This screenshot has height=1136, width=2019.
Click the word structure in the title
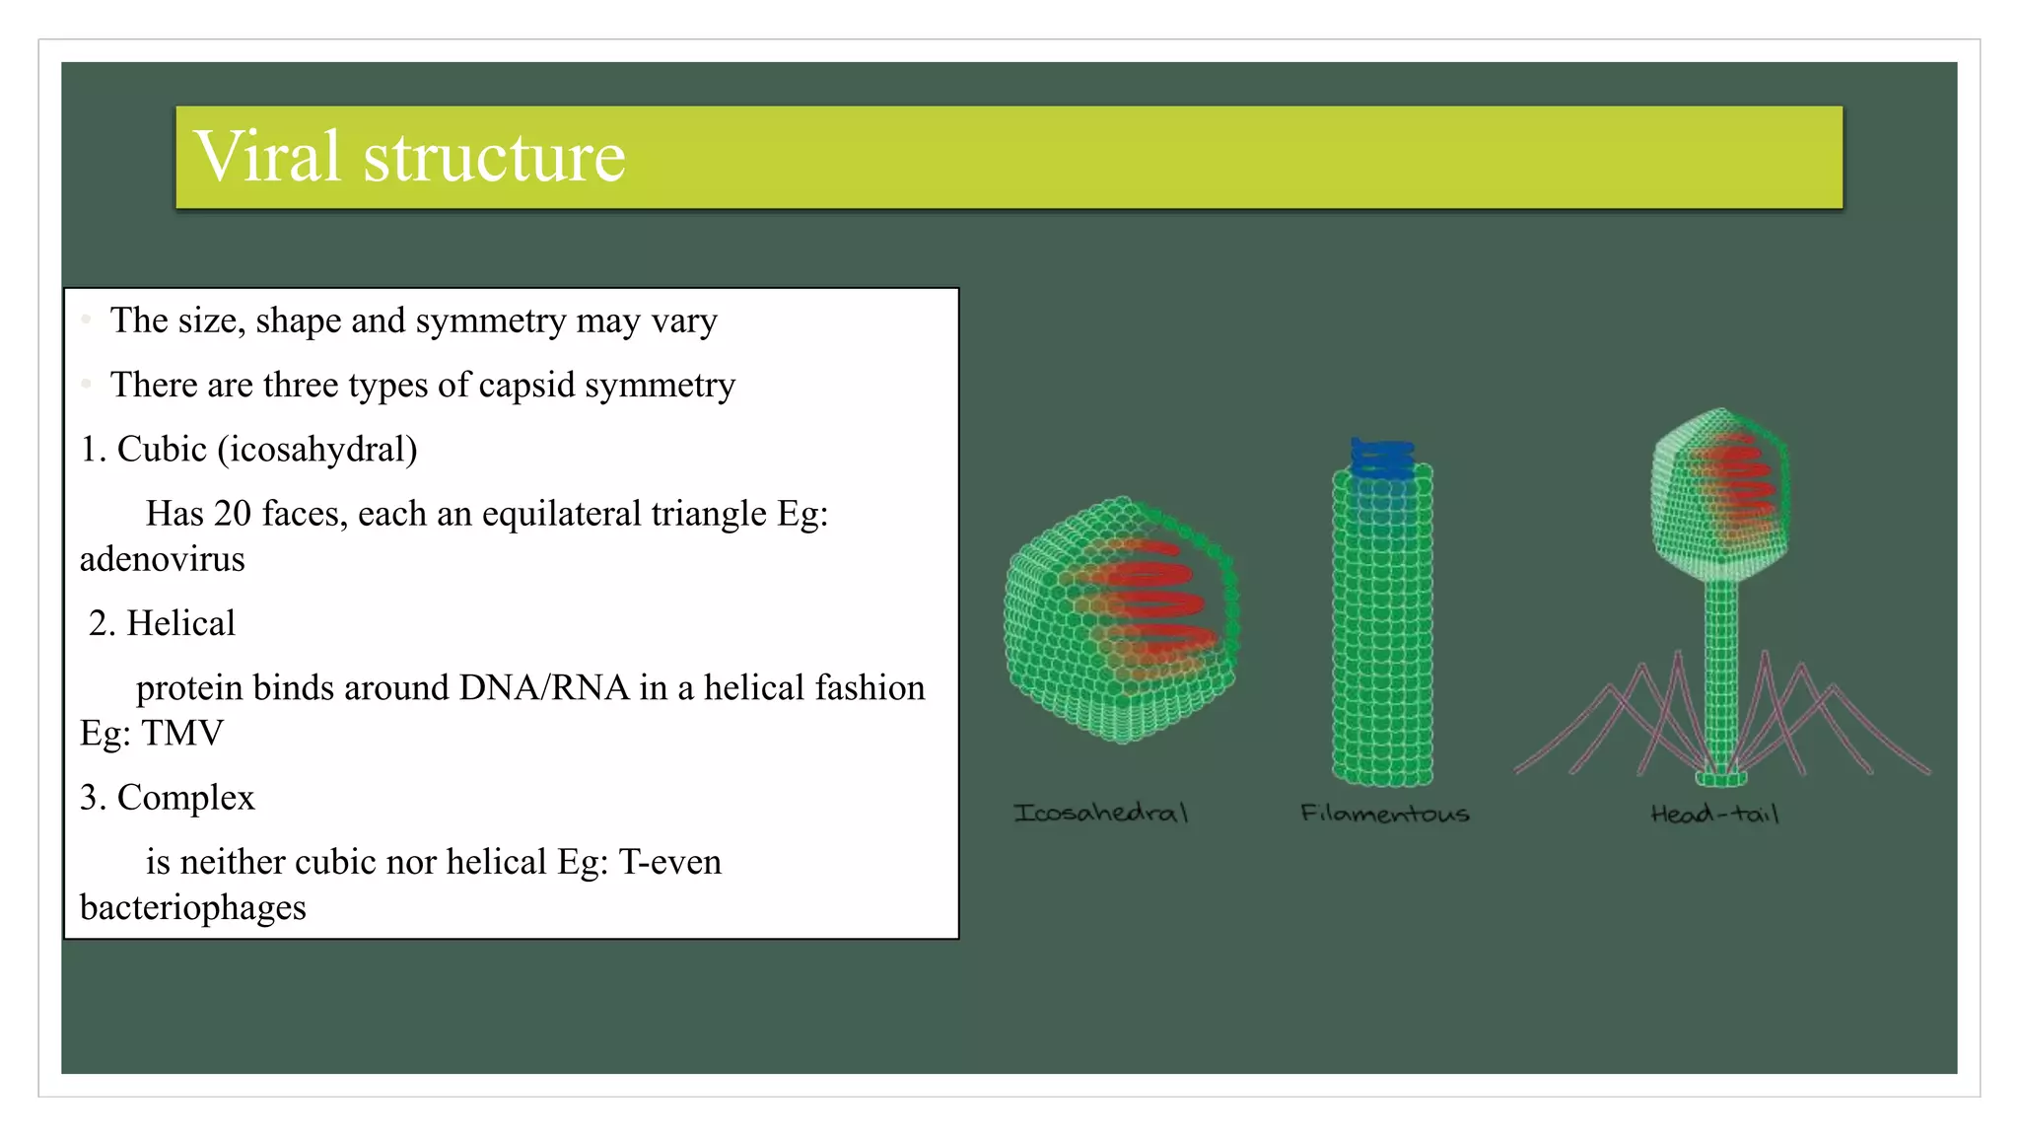[494, 158]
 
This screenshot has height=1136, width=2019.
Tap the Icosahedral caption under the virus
[1101, 814]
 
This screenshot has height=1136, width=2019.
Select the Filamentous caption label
[1384, 814]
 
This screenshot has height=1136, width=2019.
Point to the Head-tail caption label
[1714, 814]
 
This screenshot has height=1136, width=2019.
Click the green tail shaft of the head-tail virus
[1721, 671]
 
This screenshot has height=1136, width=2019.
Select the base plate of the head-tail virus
[1721, 779]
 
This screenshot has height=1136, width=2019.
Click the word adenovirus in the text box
[163, 559]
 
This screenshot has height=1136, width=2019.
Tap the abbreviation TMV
[182, 733]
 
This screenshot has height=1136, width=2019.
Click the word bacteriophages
[193, 907]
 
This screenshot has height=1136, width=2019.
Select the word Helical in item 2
[180, 623]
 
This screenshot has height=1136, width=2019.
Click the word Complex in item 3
[185, 797]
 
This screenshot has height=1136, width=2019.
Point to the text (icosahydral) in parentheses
[317, 450]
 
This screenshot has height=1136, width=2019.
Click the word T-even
[669, 862]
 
